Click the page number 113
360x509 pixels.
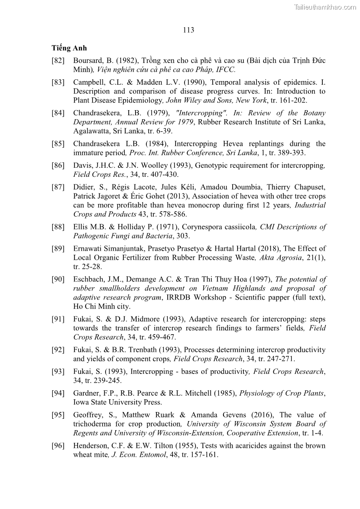[x=189, y=30]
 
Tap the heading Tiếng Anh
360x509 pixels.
[x=69, y=48]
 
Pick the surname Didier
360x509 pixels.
[x=84, y=187]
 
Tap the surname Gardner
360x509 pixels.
[x=87, y=393]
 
